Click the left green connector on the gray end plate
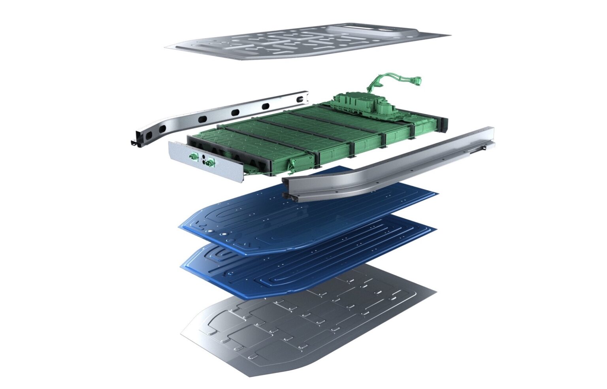tap(193, 157)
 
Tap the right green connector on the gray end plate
tap(210, 162)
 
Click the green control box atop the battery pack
tap(364, 104)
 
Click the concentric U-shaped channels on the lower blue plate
tap(217, 255)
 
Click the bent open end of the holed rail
tap(136, 140)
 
